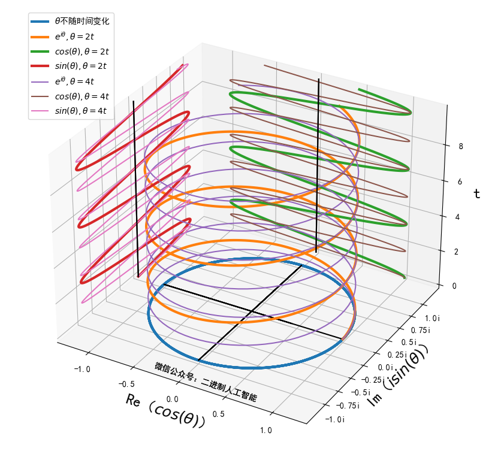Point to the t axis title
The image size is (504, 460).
point(477,193)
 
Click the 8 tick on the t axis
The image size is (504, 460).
point(461,146)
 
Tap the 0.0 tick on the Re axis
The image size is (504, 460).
point(173,399)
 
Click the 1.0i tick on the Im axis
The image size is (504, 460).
point(433,317)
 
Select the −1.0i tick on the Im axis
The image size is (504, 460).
point(333,419)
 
